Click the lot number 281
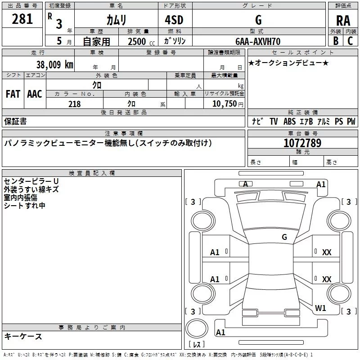(x=22, y=19)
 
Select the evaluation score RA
(x=343, y=20)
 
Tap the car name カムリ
(x=116, y=19)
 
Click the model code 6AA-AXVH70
(x=258, y=41)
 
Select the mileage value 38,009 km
(x=54, y=64)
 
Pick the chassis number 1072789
(x=302, y=143)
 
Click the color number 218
(x=75, y=104)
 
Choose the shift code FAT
(x=13, y=94)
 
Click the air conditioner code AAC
(x=35, y=94)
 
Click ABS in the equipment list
(x=290, y=121)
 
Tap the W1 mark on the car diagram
(x=320, y=308)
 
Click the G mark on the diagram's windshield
(x=284, y=237)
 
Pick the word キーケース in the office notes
(x=23, y=337)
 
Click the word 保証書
(x=15, y=121)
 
